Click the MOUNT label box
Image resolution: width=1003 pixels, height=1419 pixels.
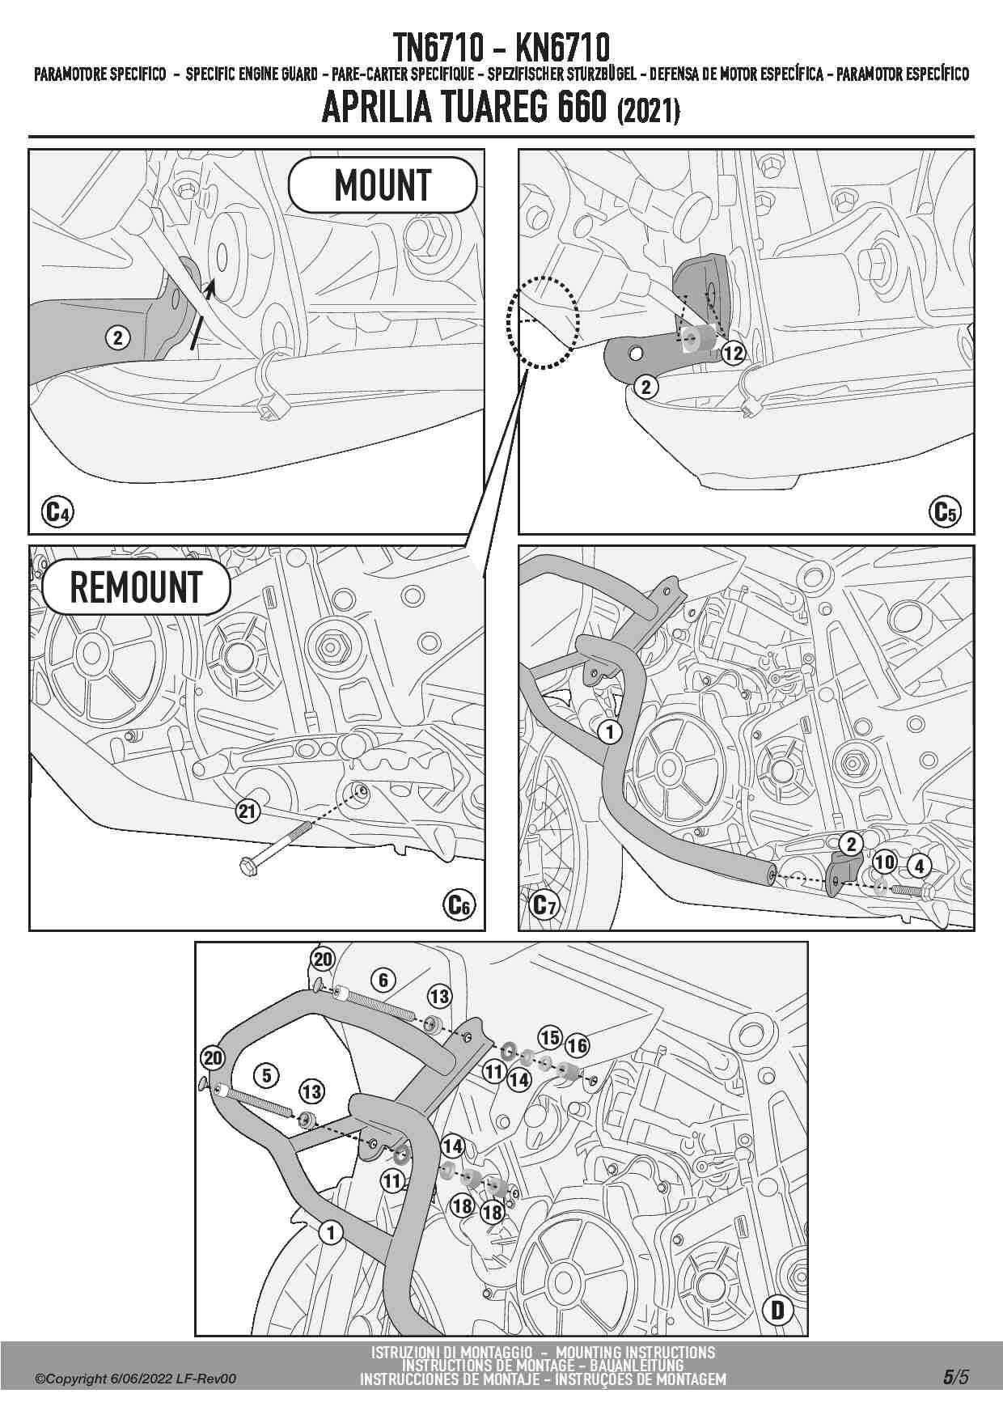coord(383,185)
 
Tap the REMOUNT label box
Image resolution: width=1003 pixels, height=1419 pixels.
coord(136,587)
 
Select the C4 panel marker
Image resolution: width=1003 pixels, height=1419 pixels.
coord(57,512)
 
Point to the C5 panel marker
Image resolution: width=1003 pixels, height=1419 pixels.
coord(946,512)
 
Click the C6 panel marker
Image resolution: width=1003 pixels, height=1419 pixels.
coord(459,904)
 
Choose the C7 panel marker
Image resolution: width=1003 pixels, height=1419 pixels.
coord(544,904)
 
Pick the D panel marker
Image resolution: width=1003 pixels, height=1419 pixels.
coord(778,1310)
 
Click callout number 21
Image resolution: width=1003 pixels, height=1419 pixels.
coord(248,811)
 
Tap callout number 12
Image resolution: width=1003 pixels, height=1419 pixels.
coord(733,353)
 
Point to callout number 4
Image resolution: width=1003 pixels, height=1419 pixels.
coord(920,866)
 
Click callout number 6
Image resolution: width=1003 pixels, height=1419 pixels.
coord(383,981)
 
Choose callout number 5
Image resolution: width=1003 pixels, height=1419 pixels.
coord(266,1075)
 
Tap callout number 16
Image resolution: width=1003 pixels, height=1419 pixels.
coord(577,1045)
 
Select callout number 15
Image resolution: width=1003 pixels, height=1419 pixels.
coord(550,1037)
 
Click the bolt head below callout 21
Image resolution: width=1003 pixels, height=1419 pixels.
coord(248,866)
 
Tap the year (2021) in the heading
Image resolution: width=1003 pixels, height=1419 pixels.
coord(648,110)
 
